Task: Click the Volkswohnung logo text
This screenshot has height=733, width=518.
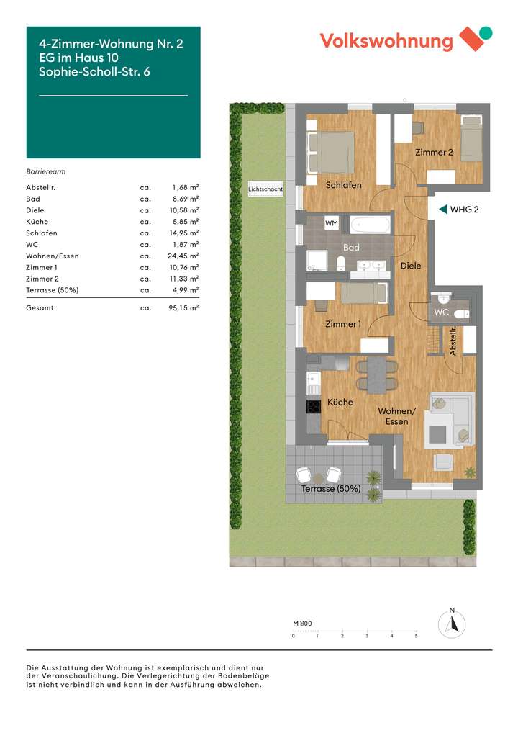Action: point(386,40)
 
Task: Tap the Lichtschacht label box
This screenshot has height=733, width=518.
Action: point(265,190)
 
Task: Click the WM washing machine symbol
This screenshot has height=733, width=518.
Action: point(332,223)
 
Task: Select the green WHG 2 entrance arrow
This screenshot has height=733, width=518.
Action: point(442,210)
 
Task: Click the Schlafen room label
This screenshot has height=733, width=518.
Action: point(343,185)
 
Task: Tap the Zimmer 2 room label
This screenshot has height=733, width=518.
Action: point(434,152)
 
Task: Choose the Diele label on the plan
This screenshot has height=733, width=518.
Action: point(411,266)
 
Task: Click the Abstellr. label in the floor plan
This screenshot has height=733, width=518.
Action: point(453,341)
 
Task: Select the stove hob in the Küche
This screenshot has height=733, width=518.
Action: point(314,406)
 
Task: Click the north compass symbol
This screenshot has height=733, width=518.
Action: point(452,624)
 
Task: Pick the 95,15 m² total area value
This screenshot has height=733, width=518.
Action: point(185,308)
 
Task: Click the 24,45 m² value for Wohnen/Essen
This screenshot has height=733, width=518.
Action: point(185,256)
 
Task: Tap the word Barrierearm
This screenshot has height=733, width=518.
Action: point(46,172)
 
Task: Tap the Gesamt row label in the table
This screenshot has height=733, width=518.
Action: point(40,308)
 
